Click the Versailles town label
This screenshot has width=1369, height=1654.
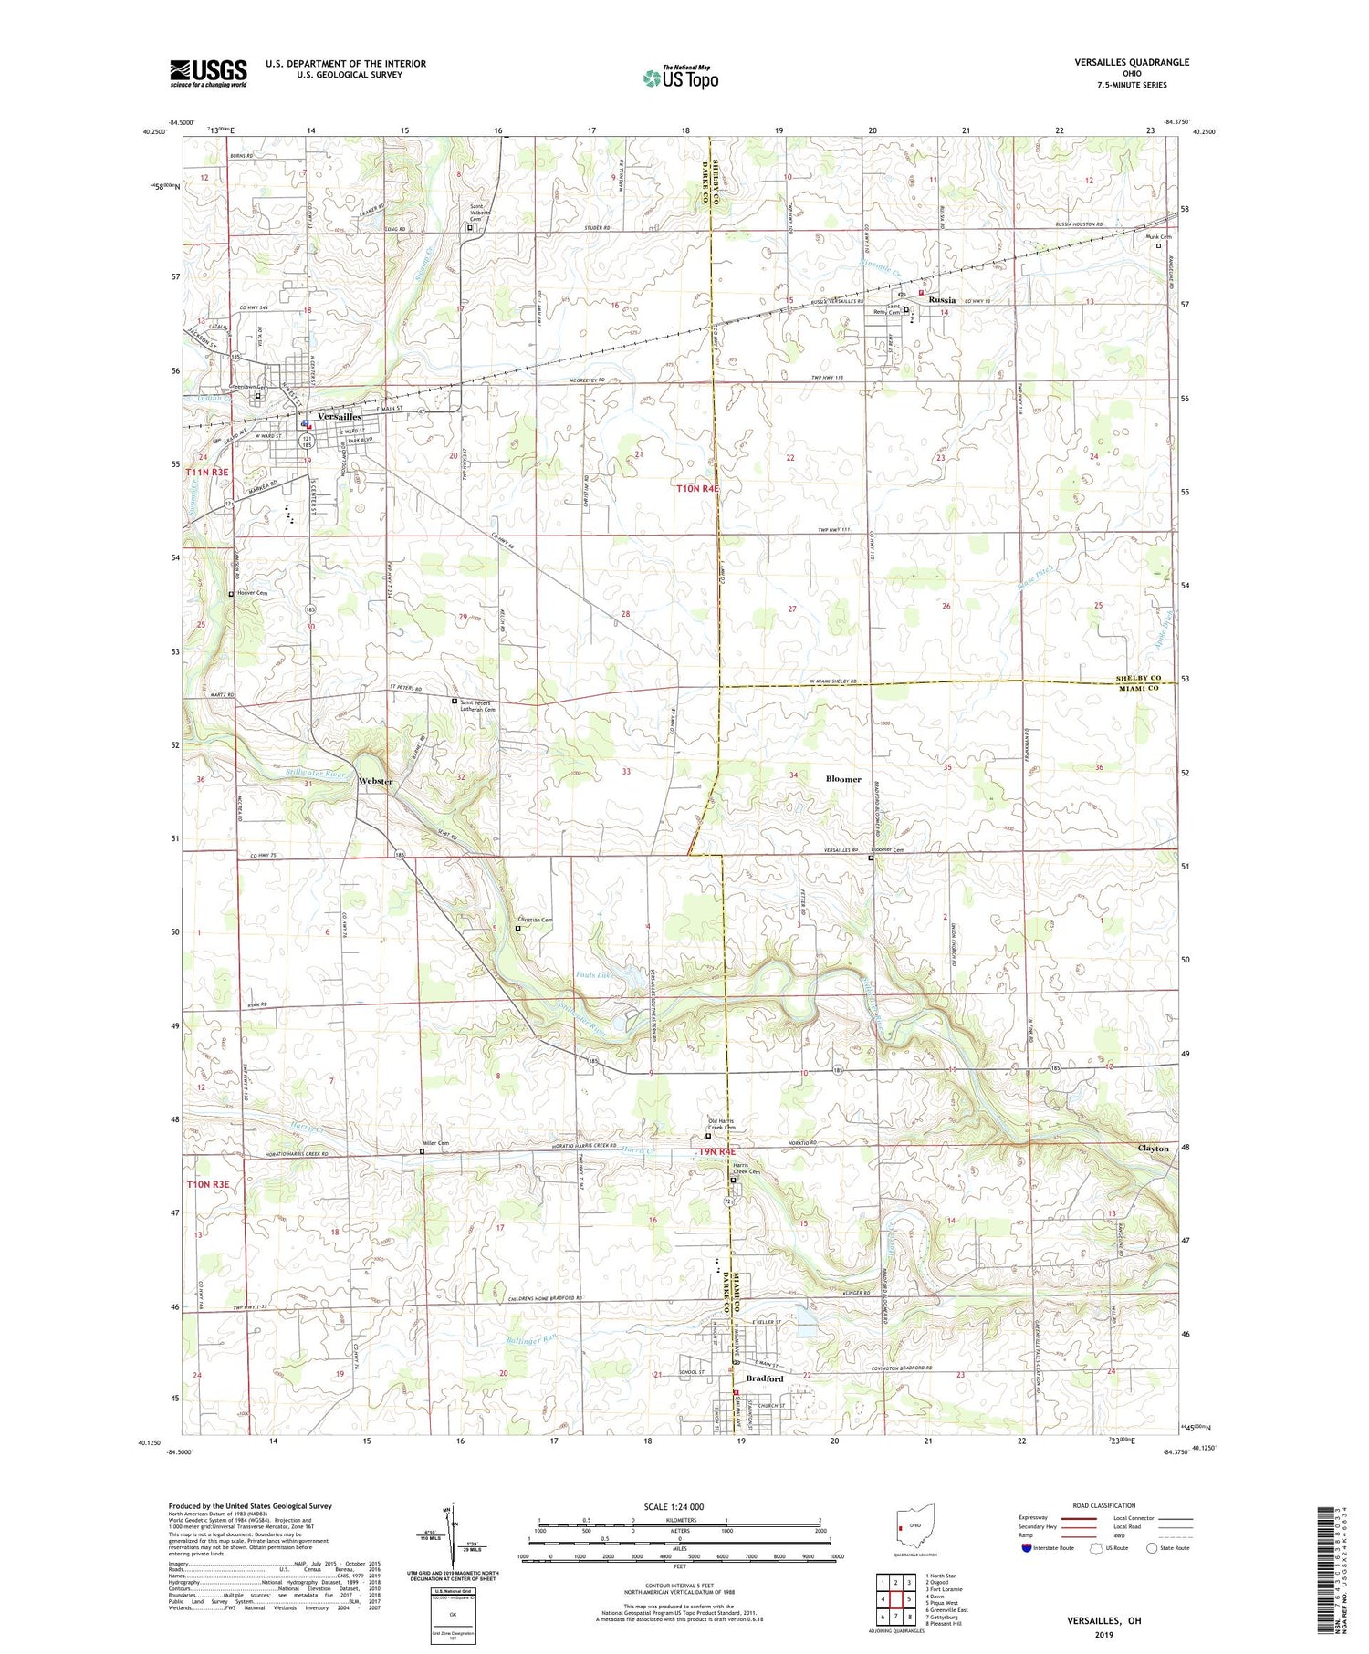(x=340, y=416)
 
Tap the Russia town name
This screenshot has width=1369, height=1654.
(x=941, y=299)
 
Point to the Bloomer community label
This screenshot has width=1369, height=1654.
(x=842, y=779)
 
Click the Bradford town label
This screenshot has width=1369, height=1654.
(x=765, y=1378)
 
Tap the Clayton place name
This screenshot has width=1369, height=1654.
(x=1153, y=1149)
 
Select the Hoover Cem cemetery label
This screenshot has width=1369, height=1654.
(x=252, y=594)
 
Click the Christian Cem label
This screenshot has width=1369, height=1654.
(x=536, y=921)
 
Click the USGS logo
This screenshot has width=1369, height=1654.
(x=208, y=73)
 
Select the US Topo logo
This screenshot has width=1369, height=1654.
(x=680, y=78)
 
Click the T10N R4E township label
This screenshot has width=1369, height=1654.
(x=697, y=489)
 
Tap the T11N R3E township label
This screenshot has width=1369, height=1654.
(x=207, y=473)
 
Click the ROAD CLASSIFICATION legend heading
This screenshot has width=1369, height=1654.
(x=1104, y=1505)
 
